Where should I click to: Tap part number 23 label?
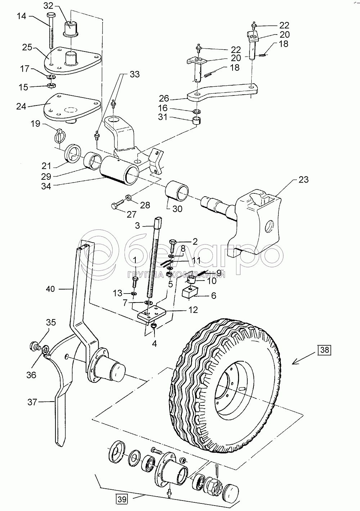pos(303,179)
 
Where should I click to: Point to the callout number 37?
pos(32,402)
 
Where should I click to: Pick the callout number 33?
pos(125,75)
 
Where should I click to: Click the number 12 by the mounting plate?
pos(193,309)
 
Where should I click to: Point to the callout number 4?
pos(154,343)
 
